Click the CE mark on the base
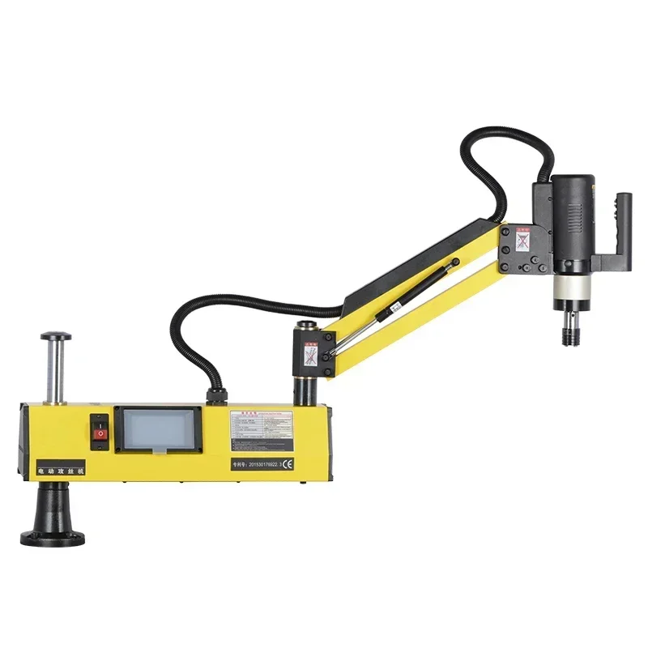[287, 464]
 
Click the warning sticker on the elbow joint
[309, 354]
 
